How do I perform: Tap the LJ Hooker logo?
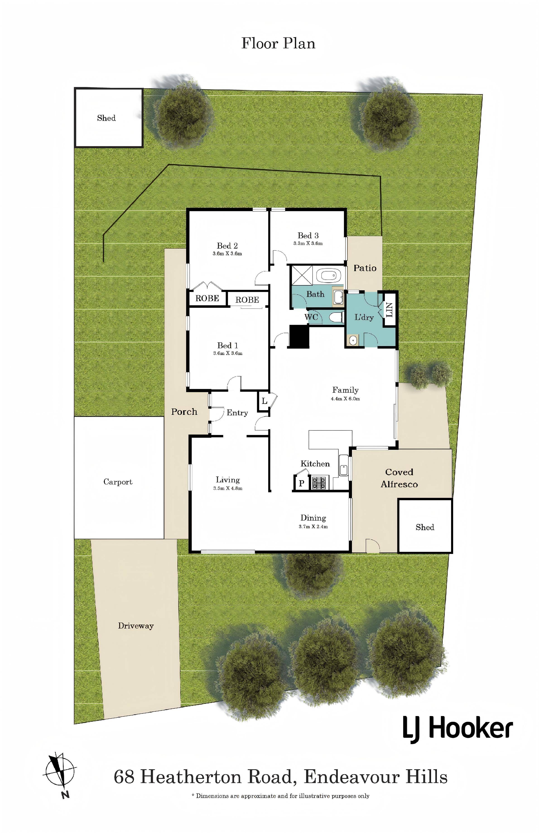click(457, 729)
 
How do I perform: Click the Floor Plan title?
click(278, 44)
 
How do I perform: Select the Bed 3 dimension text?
click(308, 244)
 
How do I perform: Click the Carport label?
click(118, 482)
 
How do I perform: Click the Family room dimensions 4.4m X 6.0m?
click(345, 399)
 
